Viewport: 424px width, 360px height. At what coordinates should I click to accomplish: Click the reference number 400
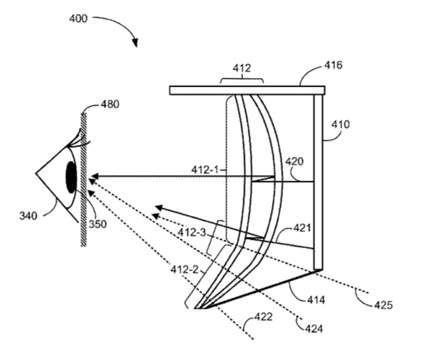coord(78,18)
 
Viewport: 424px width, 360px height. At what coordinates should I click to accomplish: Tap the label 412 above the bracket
coord(242,68)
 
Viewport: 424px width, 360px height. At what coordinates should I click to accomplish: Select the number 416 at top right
coord(333,65)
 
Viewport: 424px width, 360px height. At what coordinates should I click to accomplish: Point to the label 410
coord(341,125)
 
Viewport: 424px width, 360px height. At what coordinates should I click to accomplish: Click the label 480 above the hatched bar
coord(110,104)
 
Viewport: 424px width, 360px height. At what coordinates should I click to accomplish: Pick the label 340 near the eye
coord(28,216)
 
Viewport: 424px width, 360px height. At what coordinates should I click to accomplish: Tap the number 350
coord(97,224)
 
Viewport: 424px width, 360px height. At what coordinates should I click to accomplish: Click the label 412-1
coord(205,170)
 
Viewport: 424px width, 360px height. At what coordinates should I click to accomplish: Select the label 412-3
coord(191,232)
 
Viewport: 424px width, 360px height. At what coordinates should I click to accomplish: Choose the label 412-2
coord(184,270)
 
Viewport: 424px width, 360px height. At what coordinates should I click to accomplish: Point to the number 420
coord(295,162)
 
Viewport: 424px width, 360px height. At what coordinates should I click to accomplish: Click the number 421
coord(302,228)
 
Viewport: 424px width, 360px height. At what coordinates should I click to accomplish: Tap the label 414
coord(316,300)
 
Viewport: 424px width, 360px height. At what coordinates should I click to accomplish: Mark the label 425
coord(383,305)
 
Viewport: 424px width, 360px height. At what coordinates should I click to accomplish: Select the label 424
coord(314,329)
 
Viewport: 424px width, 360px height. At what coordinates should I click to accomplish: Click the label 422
coord(263,317)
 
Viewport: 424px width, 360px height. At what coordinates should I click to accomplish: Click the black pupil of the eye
coord(71,177)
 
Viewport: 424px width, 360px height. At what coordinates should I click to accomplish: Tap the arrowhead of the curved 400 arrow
coord(135,43)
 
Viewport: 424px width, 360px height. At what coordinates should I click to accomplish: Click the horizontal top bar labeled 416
coord(247,90)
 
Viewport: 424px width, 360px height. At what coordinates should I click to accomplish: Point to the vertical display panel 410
coord(318,181)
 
